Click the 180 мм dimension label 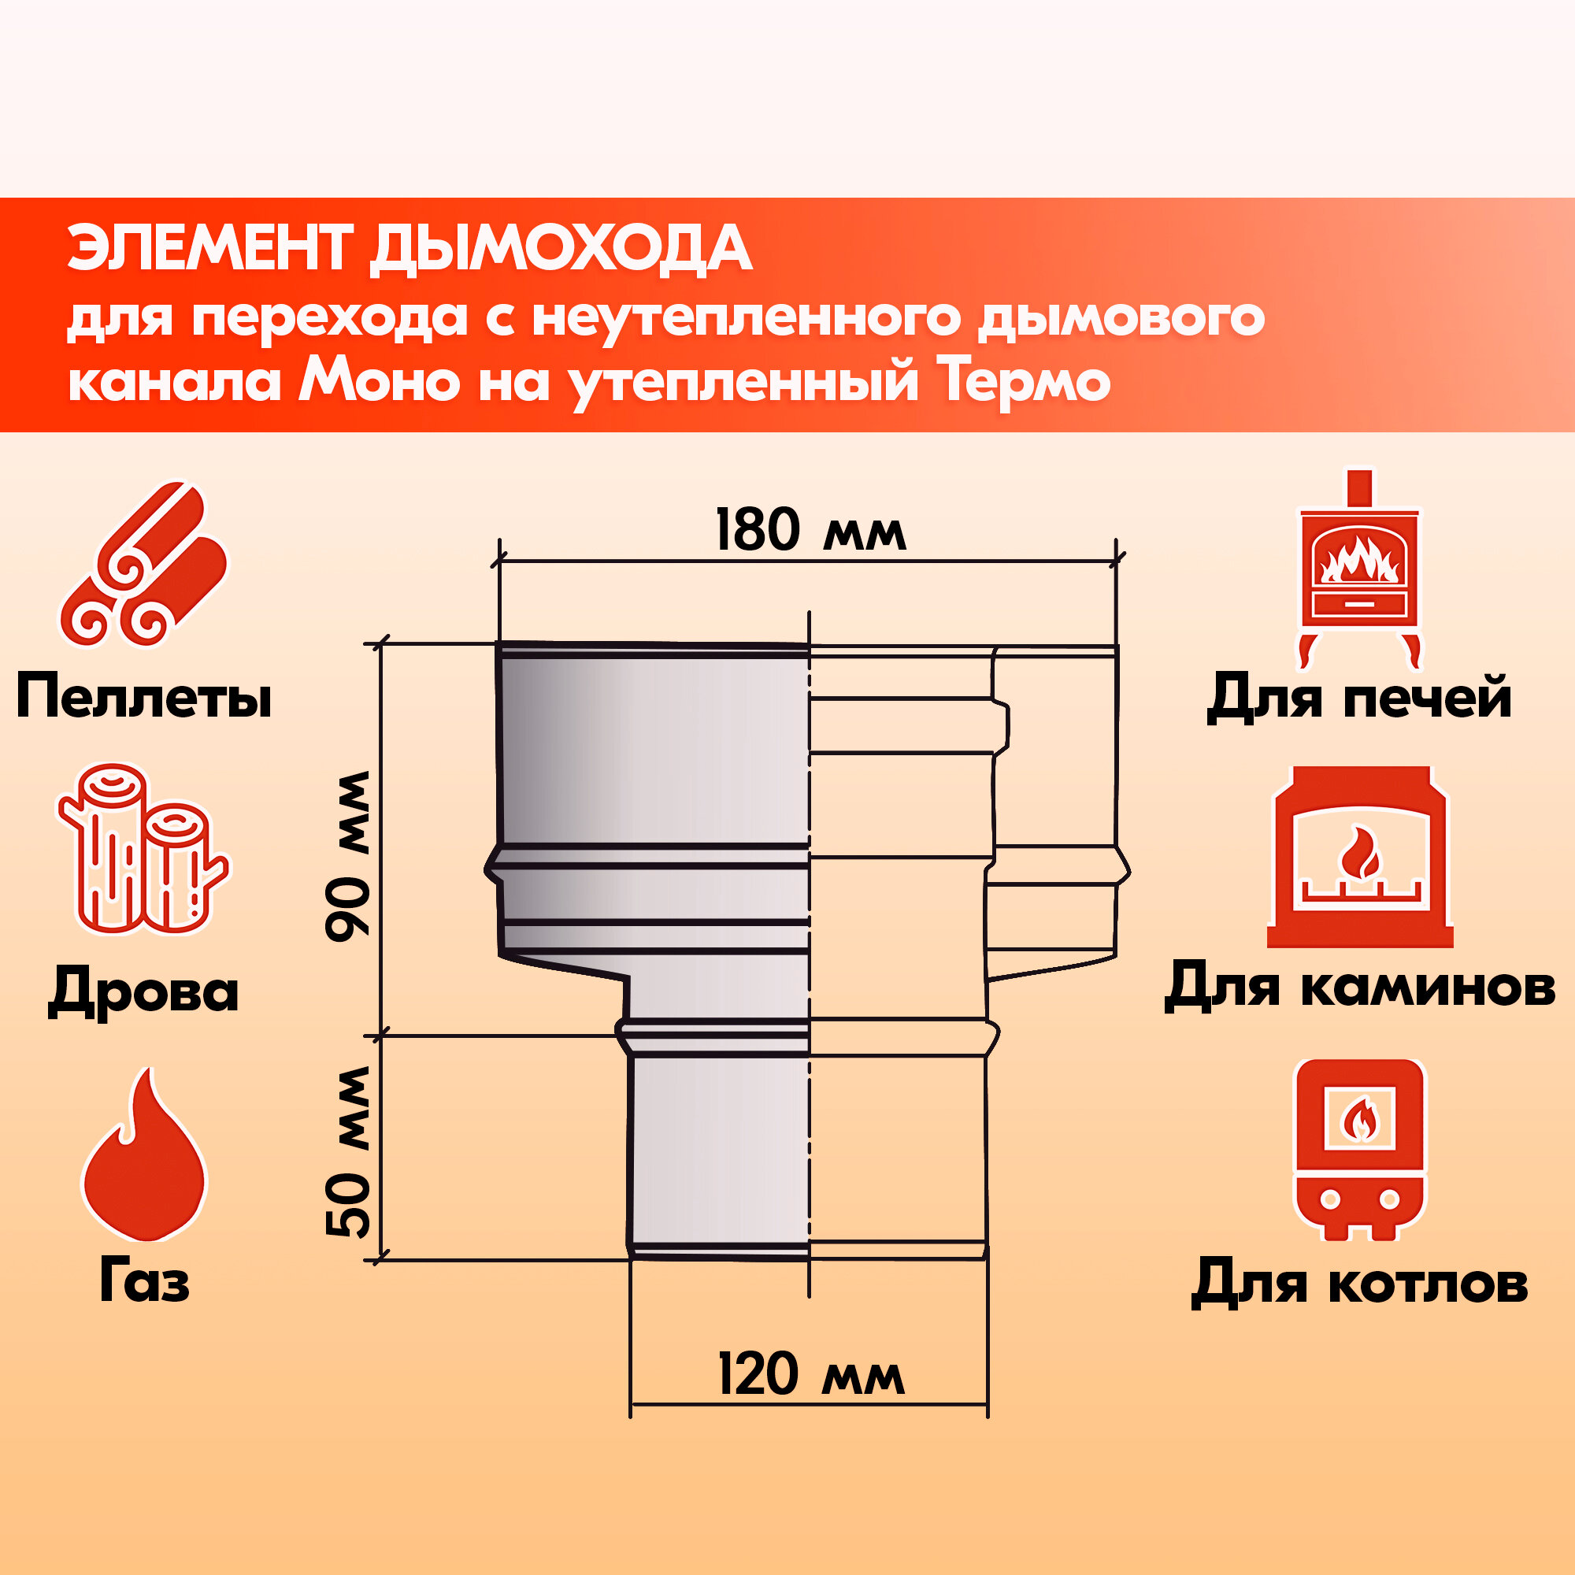tap(810, 531)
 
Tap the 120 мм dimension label tap(810, 1375)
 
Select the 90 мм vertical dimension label tap(348, 856)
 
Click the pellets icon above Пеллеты tap(143, 564)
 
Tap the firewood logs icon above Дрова tap(143, 849)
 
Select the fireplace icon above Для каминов tap(1360, 857)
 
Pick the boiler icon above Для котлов tap(1360, 1150)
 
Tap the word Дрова tap(143, 991)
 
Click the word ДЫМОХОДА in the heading tap(560, 249)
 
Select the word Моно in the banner tap(379, 380)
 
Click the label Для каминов tap(1360, 988)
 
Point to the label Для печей tap(1359, 698)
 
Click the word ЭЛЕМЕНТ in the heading tap(210, 249)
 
